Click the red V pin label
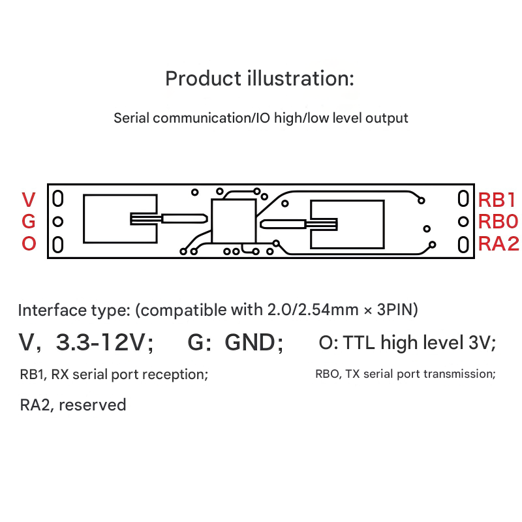[29, 200]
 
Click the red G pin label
[29, 222]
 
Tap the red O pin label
[29, 243]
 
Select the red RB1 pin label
[497, 200]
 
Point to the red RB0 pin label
[499, 222]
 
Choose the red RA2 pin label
[499, 243]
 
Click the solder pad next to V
[58, 199]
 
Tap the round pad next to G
[58, 222]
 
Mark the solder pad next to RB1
[463, 199]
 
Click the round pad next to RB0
[463, 222]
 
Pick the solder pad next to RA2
[463, 245]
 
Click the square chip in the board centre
[234, 221]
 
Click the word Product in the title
[203, 79]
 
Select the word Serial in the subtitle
[132, 118]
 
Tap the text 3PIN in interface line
[397, 310]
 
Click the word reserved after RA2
[92, 405]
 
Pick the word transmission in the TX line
[460, 374]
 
